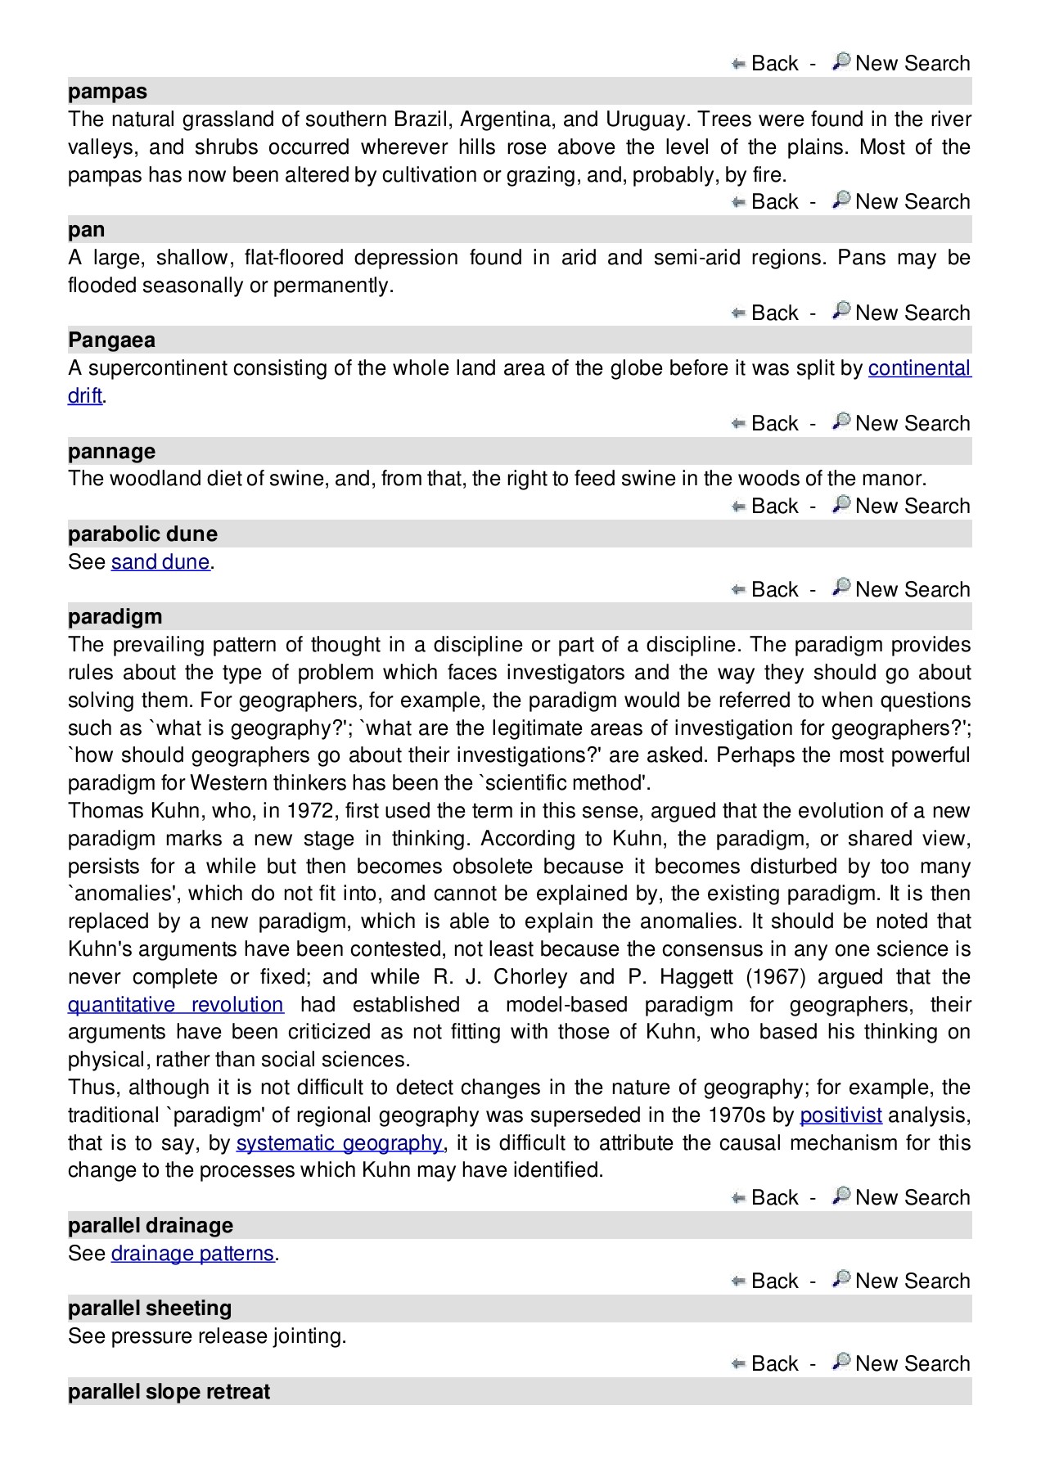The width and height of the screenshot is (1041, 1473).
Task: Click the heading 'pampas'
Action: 107,92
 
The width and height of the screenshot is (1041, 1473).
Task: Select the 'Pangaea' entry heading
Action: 111,340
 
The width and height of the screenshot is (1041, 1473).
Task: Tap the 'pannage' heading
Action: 111,452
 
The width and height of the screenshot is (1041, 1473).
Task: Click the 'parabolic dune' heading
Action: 142,534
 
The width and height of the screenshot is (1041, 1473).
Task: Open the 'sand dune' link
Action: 160,562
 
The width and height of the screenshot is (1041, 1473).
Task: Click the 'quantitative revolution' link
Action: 175,1005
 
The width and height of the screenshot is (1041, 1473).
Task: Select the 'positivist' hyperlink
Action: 840,1115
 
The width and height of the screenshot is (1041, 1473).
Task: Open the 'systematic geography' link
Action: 339,1143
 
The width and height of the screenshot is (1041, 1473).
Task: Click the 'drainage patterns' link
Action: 192,1254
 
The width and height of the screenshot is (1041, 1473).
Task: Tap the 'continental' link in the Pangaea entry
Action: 919,368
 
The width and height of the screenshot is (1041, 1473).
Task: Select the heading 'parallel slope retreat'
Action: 169,1392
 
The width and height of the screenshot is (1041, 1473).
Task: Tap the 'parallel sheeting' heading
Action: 150,1309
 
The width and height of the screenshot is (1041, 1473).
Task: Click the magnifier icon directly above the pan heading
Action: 840,200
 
